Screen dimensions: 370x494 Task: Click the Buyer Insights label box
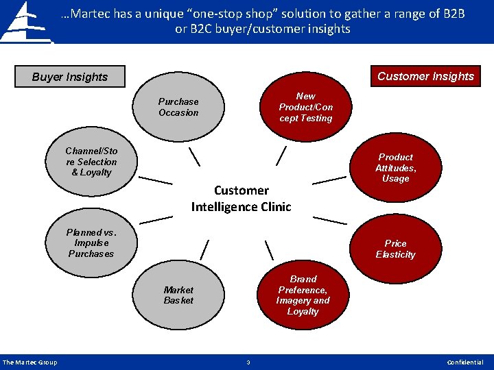[70, 77]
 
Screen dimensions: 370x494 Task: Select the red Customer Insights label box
[425, 76]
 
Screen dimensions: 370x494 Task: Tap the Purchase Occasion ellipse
[178, 108]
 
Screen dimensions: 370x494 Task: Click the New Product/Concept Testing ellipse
[305, 108]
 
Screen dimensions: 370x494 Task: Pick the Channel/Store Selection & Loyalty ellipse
[91, 162]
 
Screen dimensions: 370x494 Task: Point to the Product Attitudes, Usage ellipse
[396, 168]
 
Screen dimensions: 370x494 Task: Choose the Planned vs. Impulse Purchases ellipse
[91, 243]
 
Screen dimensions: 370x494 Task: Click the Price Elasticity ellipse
[396, 249]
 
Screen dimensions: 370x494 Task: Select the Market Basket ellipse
[178, 295]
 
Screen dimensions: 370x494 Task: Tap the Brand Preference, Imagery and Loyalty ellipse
[303, 295]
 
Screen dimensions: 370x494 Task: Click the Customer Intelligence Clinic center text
[242, 198]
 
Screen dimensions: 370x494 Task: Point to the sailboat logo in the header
[25, 22]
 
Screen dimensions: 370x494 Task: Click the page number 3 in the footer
[248, 362]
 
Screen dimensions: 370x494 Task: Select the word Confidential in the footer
[464, 362]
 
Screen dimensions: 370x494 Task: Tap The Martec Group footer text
[30, 362]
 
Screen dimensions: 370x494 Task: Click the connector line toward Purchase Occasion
[194, 156]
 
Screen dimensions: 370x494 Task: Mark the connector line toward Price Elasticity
[329, 220]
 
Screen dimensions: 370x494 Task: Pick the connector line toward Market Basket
[204, 249]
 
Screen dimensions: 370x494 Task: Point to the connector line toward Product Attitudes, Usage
[329, 180]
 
